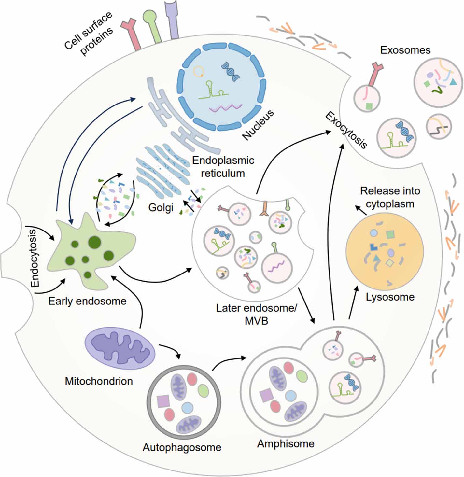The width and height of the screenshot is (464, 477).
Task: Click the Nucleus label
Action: tap(258, 125)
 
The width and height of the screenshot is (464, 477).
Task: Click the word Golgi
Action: tap(161, 207)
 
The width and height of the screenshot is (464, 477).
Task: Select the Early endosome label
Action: tap(87, 301)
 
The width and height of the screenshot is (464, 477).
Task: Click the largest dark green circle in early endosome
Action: tap(95, 241)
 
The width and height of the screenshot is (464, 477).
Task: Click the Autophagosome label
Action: tap(182, 447)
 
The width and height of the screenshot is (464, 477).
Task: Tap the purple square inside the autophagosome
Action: tap(163, 401)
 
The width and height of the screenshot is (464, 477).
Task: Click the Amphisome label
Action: tap(286, 443)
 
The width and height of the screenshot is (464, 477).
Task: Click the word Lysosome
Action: tap(390, 297)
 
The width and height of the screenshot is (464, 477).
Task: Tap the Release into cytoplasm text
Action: tap(390, 197)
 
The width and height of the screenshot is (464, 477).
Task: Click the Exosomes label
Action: tap(405, 50)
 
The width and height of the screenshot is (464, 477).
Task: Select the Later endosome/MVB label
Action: tap(256, 314)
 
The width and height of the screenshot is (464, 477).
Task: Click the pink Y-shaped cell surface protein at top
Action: tap(132, 33)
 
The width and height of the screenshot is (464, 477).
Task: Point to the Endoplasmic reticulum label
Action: tap(223, 166)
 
